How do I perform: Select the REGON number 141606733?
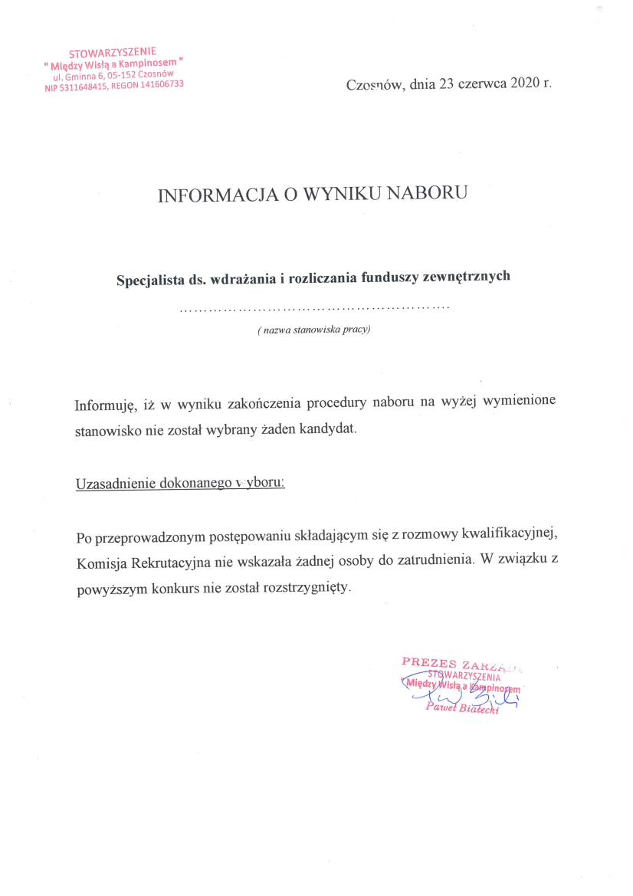157,84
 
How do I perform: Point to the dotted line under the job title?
314,308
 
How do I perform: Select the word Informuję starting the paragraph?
106,403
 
